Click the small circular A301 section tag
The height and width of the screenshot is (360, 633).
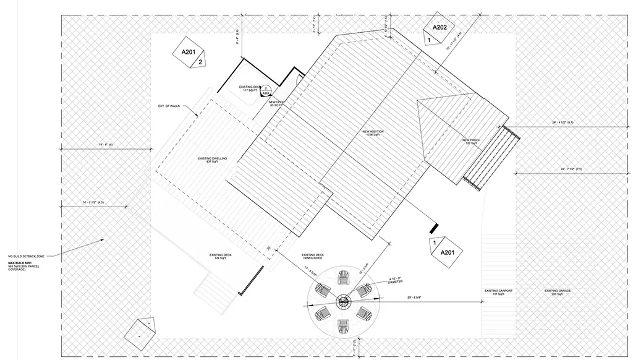[265, 90]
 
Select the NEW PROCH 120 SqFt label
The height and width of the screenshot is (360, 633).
[471, 142]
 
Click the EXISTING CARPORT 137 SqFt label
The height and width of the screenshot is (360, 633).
[498, 292]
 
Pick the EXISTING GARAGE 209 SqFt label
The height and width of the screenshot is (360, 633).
[553, 292]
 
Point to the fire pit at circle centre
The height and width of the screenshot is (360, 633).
[342, 302]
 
